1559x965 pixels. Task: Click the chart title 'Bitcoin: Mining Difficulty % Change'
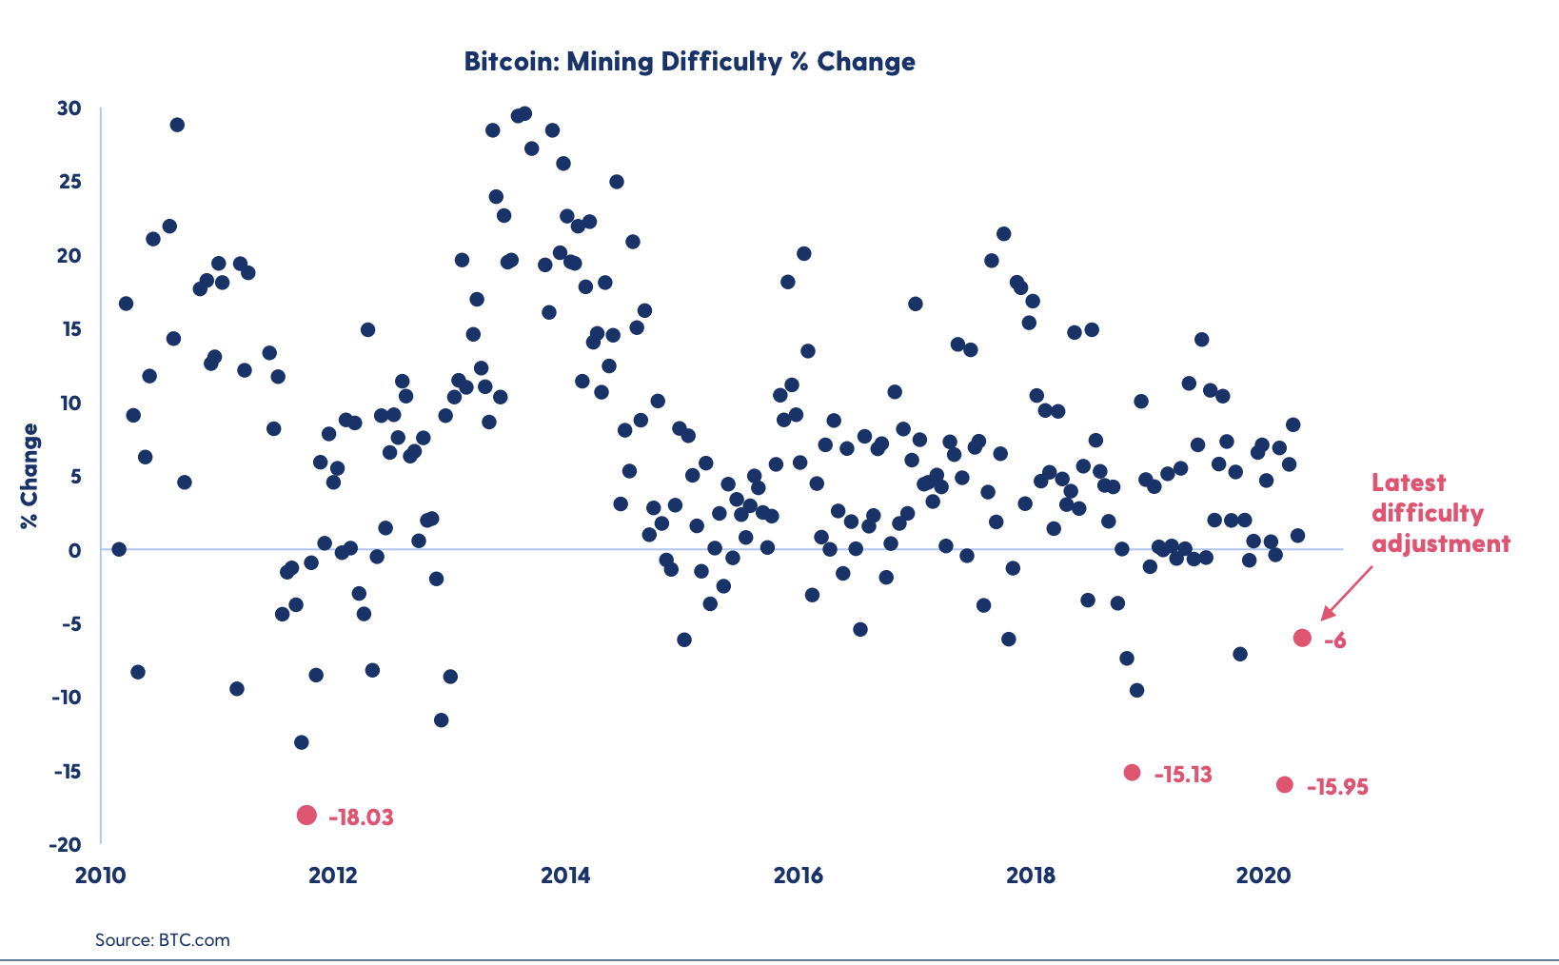click(689, 62)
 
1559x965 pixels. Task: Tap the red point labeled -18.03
click(306, 815)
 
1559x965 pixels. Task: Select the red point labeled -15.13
click(1132, 773)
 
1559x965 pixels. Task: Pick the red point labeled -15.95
click(1285, 785)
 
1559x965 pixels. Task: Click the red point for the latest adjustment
click(1302, 638)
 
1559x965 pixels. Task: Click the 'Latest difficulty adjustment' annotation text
click(1440, 513)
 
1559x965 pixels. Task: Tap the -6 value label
click(1335, 640)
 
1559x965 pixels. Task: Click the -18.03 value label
click(361, 817)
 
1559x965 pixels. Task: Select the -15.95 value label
click(1337, 787)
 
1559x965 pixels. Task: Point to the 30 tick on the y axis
click(69, 108)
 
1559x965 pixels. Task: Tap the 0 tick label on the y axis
click(75, 550)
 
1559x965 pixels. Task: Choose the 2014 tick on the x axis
click(565, 876)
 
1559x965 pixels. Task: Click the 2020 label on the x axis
click(1262, 876)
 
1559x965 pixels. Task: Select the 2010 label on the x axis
click(100, 876)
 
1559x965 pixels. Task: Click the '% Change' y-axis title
click(30, 476)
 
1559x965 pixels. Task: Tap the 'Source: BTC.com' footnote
click(163, 940)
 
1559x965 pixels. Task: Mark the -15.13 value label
click(1183, 775)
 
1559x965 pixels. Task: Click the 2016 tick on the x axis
click(798, 876)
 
